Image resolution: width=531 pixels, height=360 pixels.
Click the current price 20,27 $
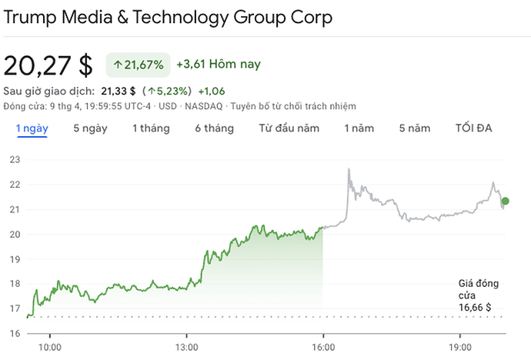click(x=48, y=65)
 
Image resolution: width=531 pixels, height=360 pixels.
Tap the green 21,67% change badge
click(x=139, y=65)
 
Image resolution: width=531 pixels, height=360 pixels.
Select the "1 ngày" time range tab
click(x=32, y=128)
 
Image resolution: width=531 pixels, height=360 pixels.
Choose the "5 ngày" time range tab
click(x=91, y=128)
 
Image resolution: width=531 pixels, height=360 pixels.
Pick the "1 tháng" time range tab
click(x=151, y=128)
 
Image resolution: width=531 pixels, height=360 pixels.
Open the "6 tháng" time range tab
click(x=214, y=128)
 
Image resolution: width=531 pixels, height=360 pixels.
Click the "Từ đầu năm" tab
click(x=289, y=128)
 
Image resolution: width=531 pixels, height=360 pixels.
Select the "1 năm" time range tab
click(x=359, y=128)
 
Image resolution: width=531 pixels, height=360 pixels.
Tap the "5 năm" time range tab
click(x=415, y=128)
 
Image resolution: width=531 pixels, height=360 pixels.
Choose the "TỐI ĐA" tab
click(x=473, y=128)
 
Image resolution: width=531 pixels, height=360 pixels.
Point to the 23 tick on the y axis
click(x=15, y=159)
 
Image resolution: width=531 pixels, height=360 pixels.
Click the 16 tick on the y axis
click(x=15, y=333)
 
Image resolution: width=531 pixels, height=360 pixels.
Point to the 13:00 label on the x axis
click(x=186, y=347)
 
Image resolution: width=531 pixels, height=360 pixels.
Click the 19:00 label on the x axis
click(x=459, y=347)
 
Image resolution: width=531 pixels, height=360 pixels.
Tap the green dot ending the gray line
click(x=505, y=202)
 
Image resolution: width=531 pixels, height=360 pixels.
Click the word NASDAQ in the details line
click(x=205, y=105)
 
